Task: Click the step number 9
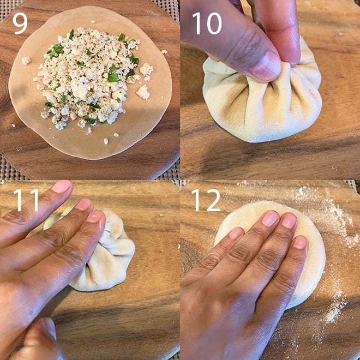pyautogui.click(x=20, y=23)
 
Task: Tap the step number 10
pyautogui.click(x=207, y=23)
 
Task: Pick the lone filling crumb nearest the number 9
pyautogui.click(x=26, y=61)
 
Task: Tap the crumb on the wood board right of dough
pyautogui.click(x=164, y=52)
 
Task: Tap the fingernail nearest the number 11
pyautogui.click(x=61, y=187)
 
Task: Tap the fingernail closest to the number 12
pyautogui.click(x=236, y=233)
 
